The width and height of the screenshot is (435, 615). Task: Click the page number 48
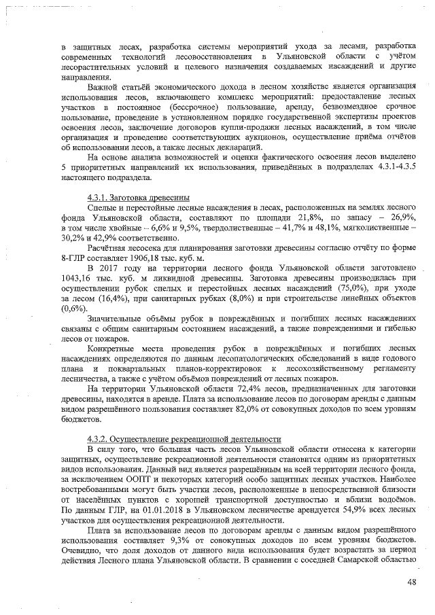(x=411, y=581)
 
